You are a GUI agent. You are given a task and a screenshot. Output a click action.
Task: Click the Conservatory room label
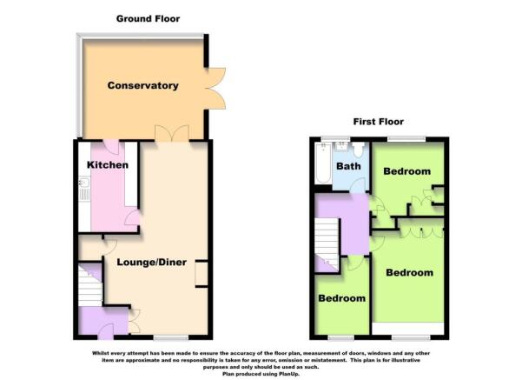pyautogui.click(x=142, y=85)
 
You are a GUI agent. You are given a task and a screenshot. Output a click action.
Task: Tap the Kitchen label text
pyautogui.click(x=108, y=165)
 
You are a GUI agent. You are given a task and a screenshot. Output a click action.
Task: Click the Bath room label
pyautogui.click(x=348, y=166)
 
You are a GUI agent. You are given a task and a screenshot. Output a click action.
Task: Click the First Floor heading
pyautogui.click(x=378, y=122)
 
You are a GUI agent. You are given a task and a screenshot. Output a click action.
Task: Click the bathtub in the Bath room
pyautogui.click(x=323, y=164)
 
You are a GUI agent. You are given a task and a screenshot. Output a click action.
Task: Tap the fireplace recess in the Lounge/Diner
pyautogui.click(x=202, y=273)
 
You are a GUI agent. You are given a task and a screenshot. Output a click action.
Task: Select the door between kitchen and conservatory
pyautogui.click(x=111, y=146)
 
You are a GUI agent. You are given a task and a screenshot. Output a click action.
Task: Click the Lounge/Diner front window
pyautogui.click(x=176, y=337)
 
